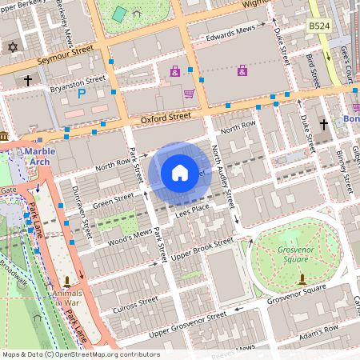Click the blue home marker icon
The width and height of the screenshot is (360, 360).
point(180,173)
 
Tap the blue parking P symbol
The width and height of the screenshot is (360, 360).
point(81,94)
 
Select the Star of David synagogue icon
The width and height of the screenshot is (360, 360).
point(12,47)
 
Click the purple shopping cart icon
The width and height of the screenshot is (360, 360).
point(189,94)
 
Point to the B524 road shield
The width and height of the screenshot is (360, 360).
point(320,27)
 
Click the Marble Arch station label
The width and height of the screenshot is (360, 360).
point(38,155)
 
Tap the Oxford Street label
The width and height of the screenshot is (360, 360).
point(166,118)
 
